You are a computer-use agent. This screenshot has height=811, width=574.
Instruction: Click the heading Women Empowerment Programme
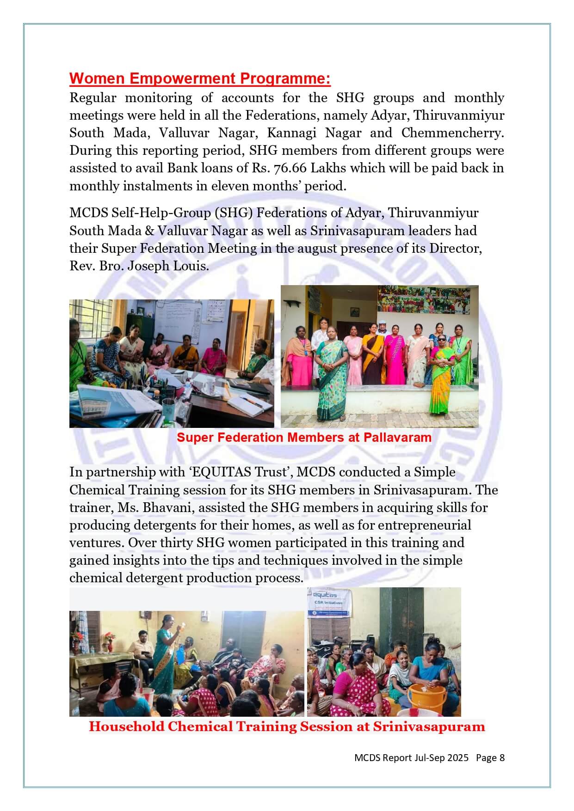click(200, 79)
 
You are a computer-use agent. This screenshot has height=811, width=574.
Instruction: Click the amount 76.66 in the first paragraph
click(290, 168)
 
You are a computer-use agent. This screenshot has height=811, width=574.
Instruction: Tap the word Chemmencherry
click(452, 133)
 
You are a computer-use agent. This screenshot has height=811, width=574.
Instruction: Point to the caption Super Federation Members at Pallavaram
click(304, 438)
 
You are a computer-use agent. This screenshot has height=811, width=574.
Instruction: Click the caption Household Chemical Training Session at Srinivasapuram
click(287, 726)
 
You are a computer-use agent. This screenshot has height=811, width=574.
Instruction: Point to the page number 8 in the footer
click(502, 758)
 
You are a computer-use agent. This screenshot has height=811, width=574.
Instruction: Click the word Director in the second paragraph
click(455, 249)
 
